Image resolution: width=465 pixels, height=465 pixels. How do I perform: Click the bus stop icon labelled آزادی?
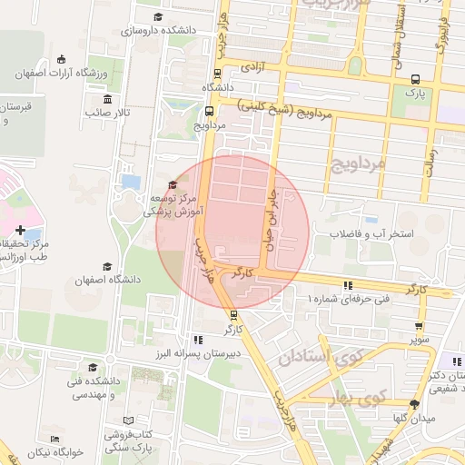(x=217, y=74)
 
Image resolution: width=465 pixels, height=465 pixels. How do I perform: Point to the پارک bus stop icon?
(x=415, y=79)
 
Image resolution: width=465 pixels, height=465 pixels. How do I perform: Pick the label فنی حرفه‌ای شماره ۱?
(x=349, y=298)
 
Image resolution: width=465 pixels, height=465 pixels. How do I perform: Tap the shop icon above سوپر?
(x=419, y=327)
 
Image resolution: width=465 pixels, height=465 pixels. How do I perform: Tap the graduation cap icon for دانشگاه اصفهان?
(x=107, y=267)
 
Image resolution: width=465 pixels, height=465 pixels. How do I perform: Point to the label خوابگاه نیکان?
(x=54, y=451)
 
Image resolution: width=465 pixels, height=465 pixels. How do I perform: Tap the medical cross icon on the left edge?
(x=20, y=230)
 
